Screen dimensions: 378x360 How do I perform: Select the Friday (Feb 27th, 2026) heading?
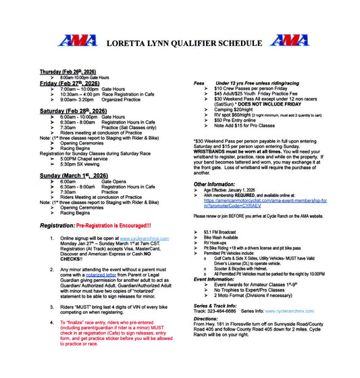[x=66, y=83]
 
